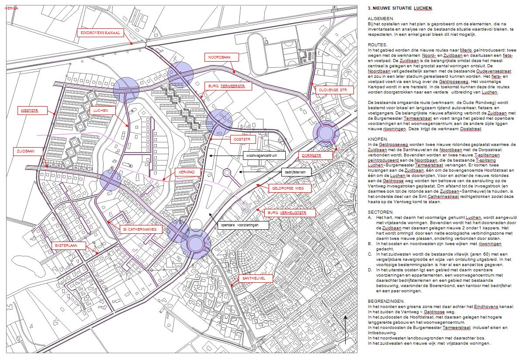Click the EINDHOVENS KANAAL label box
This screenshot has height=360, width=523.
pyautogui.click(x=100, y=33)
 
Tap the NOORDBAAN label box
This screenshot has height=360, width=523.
pyautogui.click(x=222, y=57)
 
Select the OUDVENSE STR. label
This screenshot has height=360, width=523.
pyautogui.click(x=334, y=90)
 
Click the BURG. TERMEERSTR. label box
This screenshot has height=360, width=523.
pyautogui.click(x=228, y=86)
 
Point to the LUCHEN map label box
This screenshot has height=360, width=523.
pyautogui.click(x=101, y=111)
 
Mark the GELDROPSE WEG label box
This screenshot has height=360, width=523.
pyautogui.click(x=284, y=188)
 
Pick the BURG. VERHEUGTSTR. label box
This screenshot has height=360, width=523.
pyautogui.click(x=290, y=213)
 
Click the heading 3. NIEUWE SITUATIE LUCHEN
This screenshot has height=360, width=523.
pyautogui.click(x=394, y=8)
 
